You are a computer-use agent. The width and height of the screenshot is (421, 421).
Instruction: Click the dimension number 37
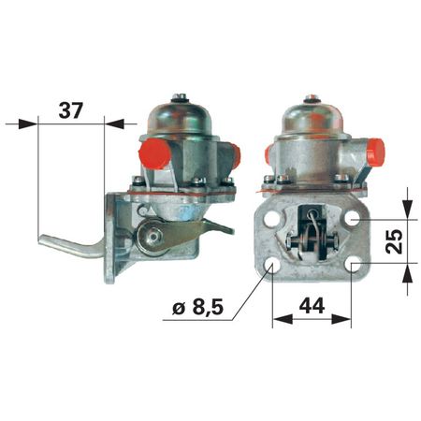[71, 110]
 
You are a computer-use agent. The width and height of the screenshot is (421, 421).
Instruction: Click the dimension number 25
[394, 241]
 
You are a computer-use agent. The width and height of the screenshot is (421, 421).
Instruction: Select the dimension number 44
[312, 306]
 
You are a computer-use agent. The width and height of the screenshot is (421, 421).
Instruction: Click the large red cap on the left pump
[154, 153]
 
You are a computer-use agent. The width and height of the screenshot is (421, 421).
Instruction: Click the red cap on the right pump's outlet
[376, 152]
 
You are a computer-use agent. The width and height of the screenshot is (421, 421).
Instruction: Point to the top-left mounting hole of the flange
[270, 219]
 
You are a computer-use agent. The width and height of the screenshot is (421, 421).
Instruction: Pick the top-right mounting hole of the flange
[353, 218]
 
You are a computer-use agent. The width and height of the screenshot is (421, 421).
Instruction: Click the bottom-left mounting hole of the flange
[271, 266]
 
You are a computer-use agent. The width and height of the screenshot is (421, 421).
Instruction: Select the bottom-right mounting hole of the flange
[354, 266]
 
